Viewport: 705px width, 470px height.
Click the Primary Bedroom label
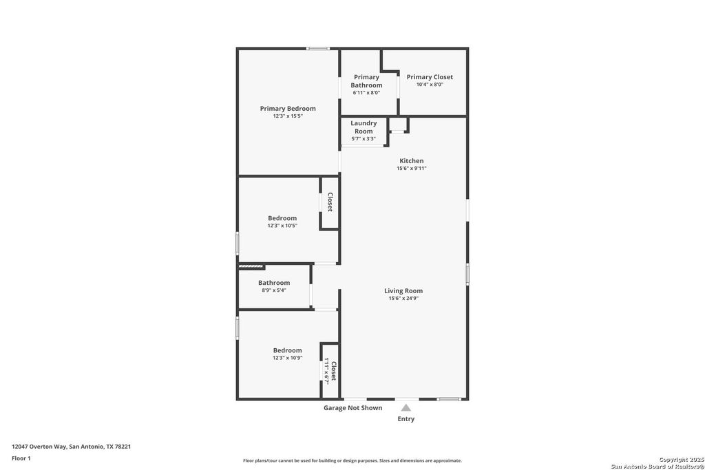tap(288, 109)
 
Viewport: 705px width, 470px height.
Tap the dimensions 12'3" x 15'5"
tap(288, 116)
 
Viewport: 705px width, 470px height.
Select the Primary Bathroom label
tap(366, 81)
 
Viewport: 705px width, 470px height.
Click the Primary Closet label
tap(430, 77)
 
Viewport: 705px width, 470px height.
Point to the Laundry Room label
tap(364, 127)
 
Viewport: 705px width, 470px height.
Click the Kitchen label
tap(412, 161)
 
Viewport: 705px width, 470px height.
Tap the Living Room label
tap(403, 291)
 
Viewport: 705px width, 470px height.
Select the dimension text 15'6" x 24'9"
tap(403, 299)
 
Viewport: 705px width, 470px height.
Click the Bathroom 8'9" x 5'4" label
tap(274, 283)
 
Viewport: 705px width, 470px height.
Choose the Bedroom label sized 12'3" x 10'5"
tap(282, 218)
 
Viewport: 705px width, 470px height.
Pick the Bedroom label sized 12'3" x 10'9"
tap(287, 350)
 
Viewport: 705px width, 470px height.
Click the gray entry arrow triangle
tap(406, 407)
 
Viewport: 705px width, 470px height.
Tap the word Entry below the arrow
tap(406, 419)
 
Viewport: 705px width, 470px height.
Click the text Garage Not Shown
tap(353, 408)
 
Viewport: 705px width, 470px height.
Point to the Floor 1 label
tap(21, 458)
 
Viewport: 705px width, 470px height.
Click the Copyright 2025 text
tap(677, 460)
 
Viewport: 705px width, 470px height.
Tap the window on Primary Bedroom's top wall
tap(318, 48)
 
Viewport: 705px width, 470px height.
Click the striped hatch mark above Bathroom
tap(251, 266)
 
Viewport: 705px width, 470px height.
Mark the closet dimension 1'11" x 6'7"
tap(327, 372)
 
